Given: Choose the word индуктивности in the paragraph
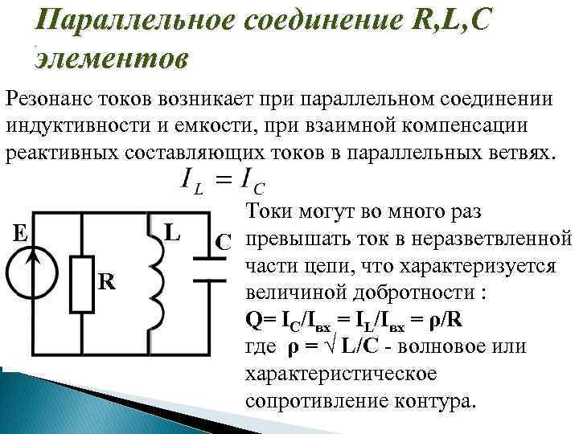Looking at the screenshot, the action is point(61,126).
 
